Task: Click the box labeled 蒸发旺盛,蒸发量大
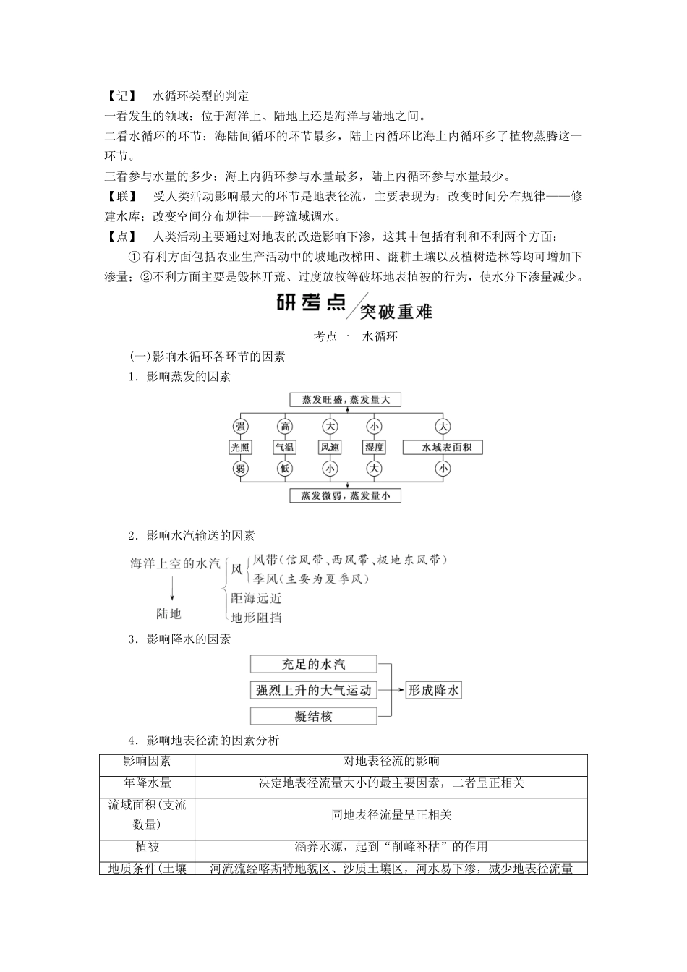344,399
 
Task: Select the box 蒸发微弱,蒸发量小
344,495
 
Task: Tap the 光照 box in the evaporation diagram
240,448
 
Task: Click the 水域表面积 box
442,448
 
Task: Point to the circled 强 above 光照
240,426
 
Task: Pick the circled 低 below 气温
284,469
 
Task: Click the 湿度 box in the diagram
374,448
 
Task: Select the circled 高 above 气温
284,426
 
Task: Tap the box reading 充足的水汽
313,664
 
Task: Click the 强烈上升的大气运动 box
313,690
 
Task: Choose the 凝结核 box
313,716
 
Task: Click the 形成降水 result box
432,690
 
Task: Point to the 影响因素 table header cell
147,761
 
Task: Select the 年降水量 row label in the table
147,783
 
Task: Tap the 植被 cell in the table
147,846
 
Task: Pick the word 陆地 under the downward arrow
169,613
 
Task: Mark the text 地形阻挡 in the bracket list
256,617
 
